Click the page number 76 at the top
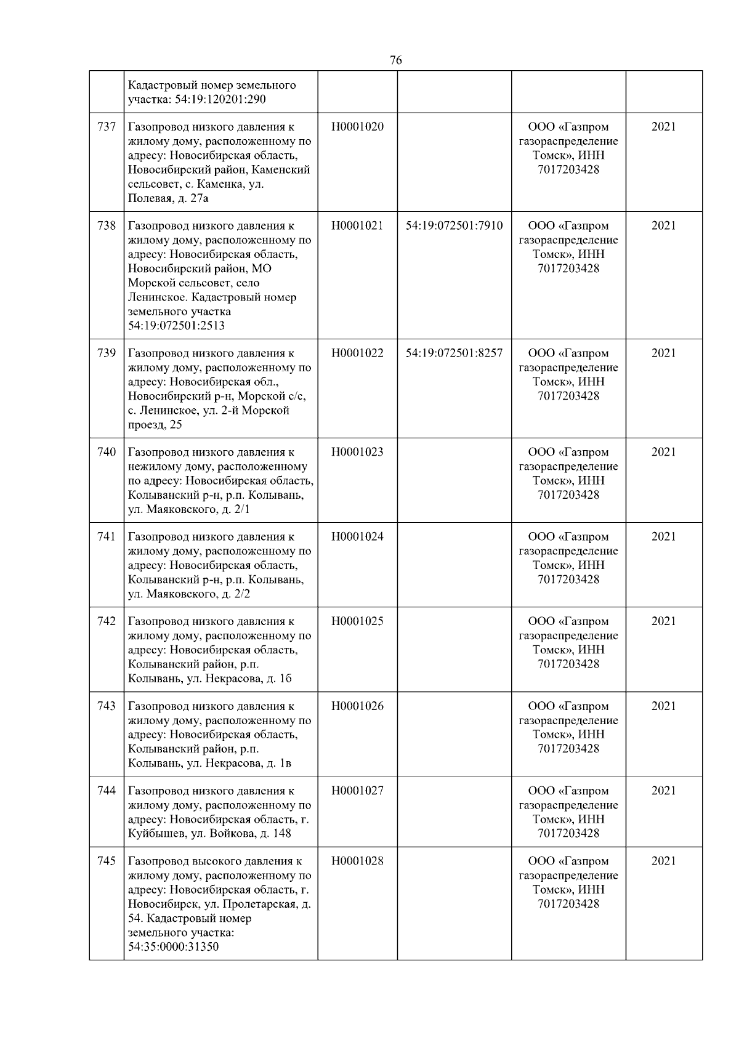point(396,60)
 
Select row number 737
point(107,127)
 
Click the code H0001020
point(357,127)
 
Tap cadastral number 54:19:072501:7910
point(454,226)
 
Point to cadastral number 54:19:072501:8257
point(454,353)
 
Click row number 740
point(107,452)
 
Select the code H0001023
point(357,452)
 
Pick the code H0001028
point(357,861)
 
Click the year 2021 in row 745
point(663,861)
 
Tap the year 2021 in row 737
point(663,127)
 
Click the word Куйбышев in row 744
point(155,834)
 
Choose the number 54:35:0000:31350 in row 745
point(173,947)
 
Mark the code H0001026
point(357,706)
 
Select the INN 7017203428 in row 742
point(568,664)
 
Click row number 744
point(107,791)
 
